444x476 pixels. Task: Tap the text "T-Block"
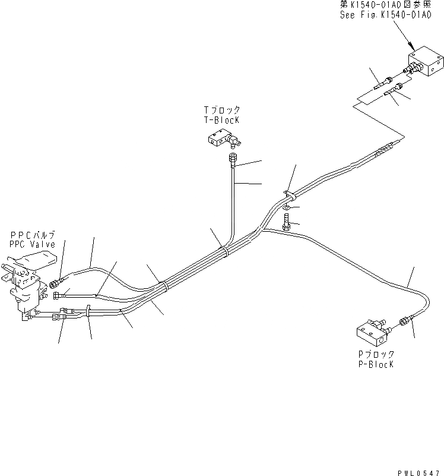pos(221,119)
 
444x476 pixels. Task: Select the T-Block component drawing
pos(223,140)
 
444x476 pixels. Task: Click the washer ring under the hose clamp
pos(287,207)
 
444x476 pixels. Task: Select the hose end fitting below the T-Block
pos(233,159)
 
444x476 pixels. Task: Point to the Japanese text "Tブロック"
pos(221,109)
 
